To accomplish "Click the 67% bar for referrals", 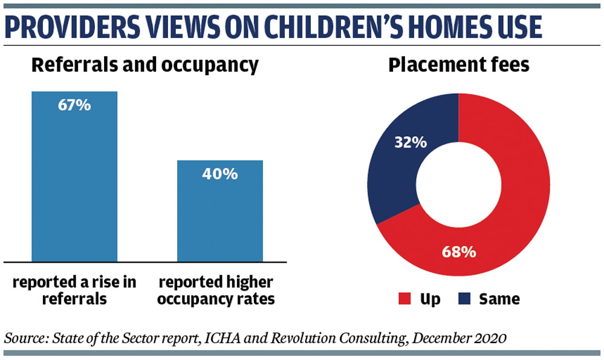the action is click(74, 177).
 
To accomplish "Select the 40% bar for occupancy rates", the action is click(220, 211).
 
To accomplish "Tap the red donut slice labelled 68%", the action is click(501, 216).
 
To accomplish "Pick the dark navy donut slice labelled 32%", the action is click(401, 154).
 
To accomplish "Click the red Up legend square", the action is click(404, 299).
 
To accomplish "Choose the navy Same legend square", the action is click(464, 299).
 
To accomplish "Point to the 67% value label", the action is click(74, 105).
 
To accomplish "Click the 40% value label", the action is click(220, 174).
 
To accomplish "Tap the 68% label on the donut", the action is click(459, 252).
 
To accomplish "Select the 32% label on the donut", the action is click(411, 143).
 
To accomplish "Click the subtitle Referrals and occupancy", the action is click(145, 65).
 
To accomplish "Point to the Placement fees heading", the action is click(459, 65).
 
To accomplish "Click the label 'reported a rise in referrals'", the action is click(74, 290).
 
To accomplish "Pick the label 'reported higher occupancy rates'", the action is click(216, 290).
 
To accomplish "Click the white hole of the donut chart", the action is click(458, 185).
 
